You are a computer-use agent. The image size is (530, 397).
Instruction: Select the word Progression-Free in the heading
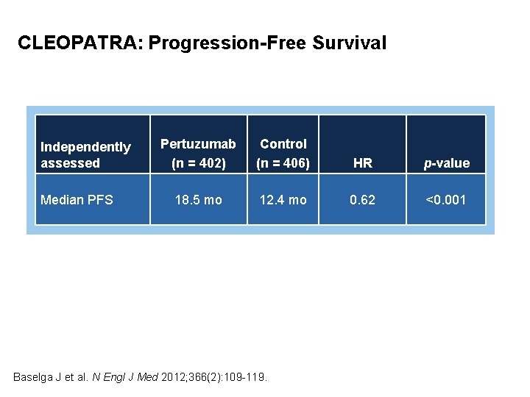point(227,43)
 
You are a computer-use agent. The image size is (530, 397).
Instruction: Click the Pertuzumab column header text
point(198,144)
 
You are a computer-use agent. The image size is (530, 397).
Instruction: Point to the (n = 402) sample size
point(198,163)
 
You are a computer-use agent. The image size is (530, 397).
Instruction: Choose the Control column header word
point(283,144)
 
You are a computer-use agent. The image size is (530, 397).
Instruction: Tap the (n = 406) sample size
point(283,163)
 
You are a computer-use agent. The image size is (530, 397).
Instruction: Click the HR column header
point(362,163)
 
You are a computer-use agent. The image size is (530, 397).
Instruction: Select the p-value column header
point(446,163)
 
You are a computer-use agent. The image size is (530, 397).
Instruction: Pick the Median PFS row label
point(77,199)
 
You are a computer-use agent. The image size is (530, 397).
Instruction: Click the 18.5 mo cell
point(198,199)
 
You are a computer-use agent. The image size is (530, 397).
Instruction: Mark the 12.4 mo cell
point(283,199)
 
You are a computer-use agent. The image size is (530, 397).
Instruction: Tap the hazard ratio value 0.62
point(362,199)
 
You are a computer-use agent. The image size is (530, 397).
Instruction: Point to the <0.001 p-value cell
point(446,199)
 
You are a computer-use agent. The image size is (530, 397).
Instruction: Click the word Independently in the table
point(85,147)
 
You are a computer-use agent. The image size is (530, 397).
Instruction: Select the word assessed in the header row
point(70,163)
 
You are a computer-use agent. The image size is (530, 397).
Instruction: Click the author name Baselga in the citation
point(35,377)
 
